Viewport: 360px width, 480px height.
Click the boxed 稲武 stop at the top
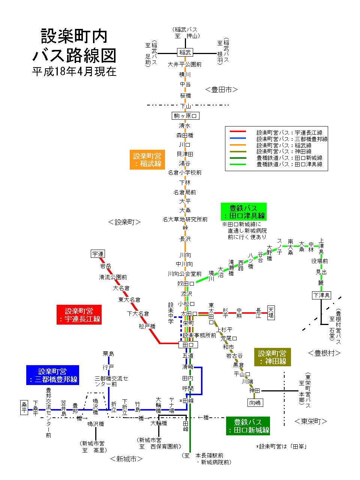pos(185,53)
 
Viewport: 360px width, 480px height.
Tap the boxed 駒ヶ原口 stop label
pos(185,116)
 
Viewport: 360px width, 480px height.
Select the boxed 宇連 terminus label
pos(98,254)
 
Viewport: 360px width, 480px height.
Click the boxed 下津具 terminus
pos(321,295)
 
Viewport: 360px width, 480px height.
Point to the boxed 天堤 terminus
pos(271,313)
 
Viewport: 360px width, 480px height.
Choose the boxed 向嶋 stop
pos(255,403)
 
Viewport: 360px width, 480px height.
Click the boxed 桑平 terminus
pos(24,407)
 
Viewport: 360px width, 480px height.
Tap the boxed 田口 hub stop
pos(188,345)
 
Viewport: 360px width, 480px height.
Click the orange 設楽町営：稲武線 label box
pos(147,160)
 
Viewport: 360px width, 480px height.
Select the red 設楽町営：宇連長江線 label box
pos(79,315)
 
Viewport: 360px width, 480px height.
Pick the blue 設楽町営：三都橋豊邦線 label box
pos(52,375)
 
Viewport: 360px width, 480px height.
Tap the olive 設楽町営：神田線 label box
pos(272,357)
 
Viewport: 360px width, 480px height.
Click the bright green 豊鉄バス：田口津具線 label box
pos(244,212)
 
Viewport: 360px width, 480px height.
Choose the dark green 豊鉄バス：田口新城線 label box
pos(248,426)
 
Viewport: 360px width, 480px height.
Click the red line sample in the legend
pos(238,132)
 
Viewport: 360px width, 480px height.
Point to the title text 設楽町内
pos(74,36)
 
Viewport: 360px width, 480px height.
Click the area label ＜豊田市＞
pos(222,90)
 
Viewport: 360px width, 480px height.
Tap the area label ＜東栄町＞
pos(311,421)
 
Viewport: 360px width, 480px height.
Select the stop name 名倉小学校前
pos(185,173)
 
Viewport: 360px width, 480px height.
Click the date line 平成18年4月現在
pos(74,71)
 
